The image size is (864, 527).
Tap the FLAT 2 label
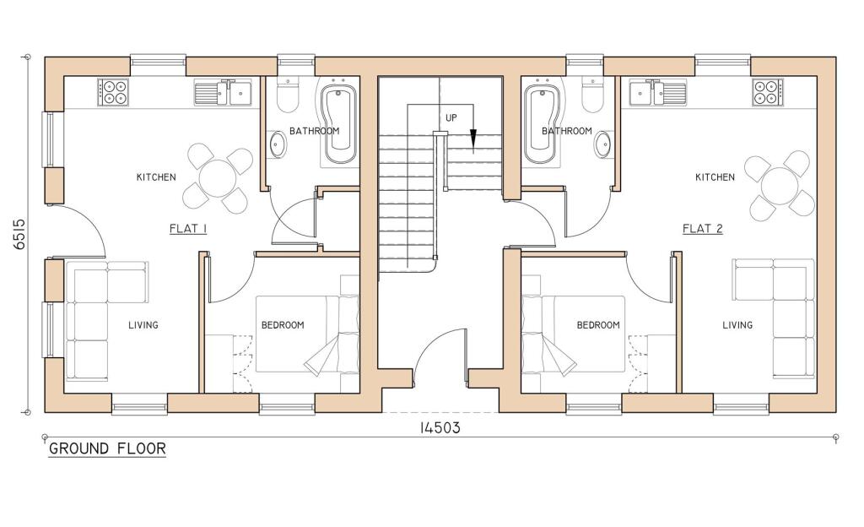click(702, 229)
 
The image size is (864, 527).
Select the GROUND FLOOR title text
click(106, 448)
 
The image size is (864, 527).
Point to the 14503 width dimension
click(440, 427)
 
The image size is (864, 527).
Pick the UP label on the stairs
click(451, 117)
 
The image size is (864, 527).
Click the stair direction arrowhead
click(473, 139)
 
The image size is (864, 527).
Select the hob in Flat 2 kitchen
click(768, 91)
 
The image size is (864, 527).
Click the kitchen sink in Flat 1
click(224, 91)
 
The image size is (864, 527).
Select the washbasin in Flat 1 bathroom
click(278, 145)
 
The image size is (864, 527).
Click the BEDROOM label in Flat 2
click(598, 325)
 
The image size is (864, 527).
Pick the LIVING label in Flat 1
click(143, 325)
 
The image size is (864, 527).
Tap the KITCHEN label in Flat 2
click(715, 177)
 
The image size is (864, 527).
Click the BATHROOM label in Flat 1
click(314, 132)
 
